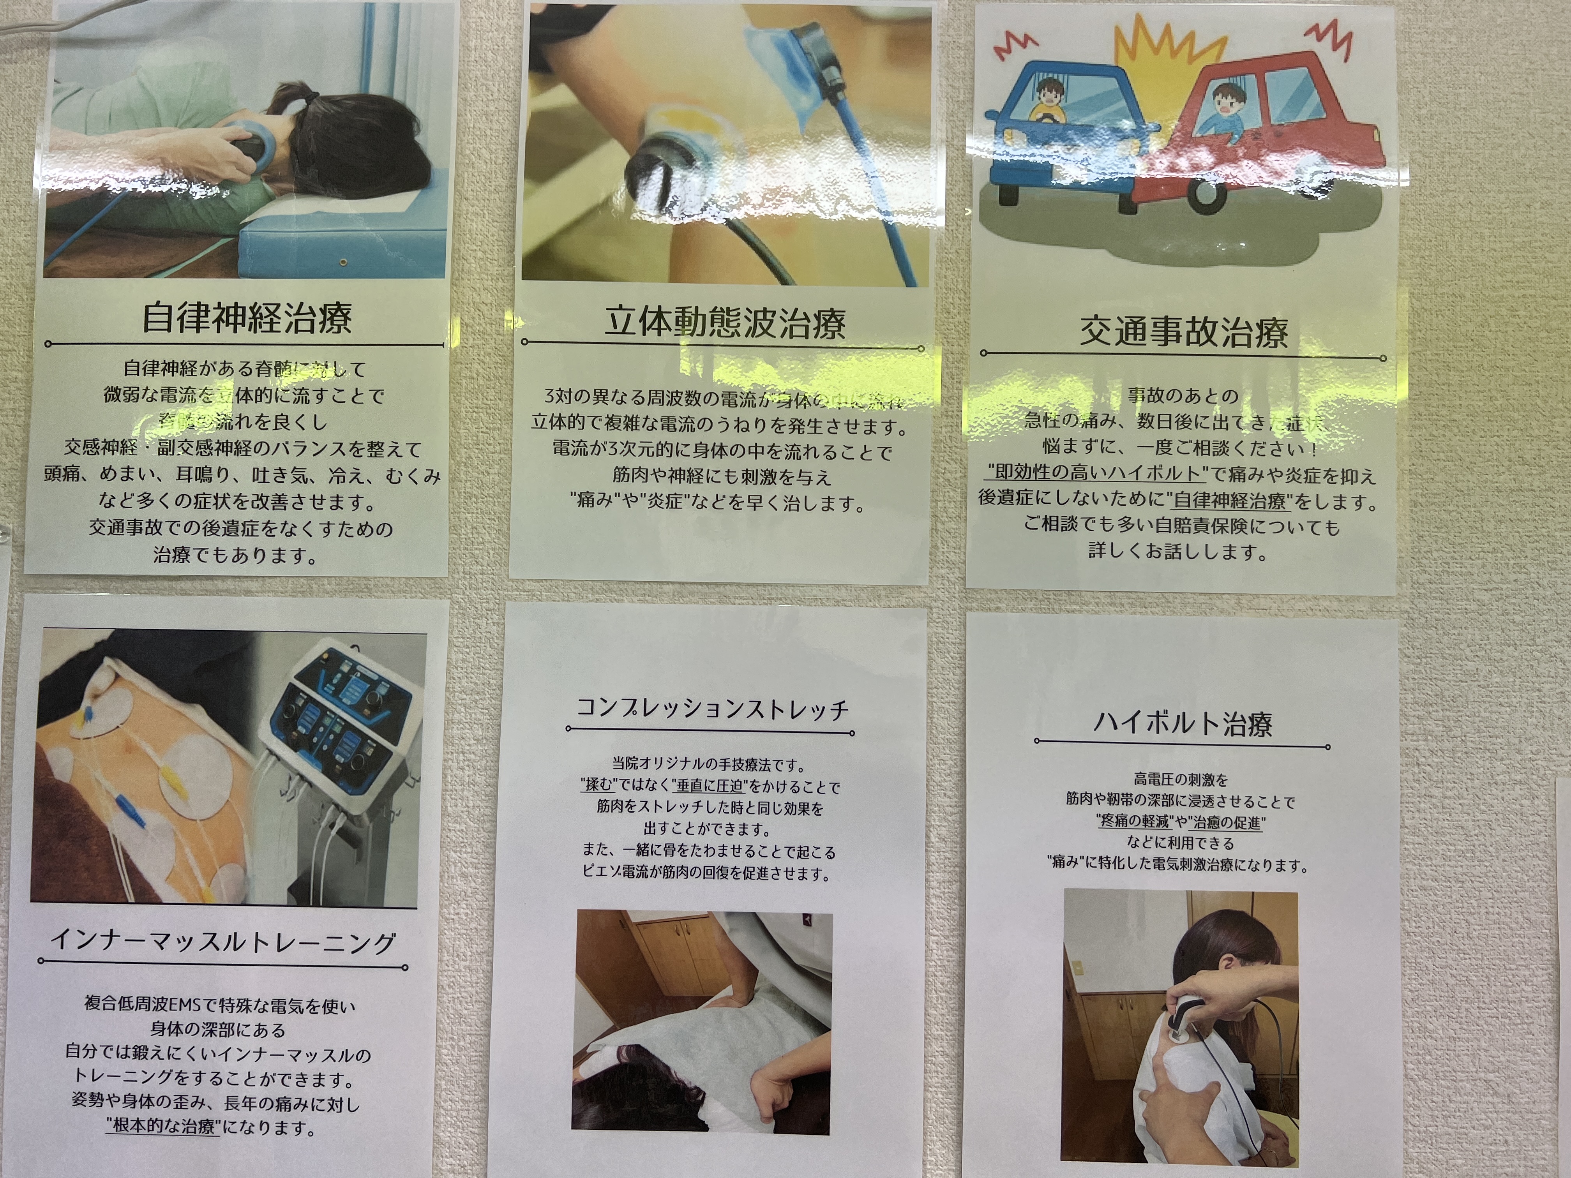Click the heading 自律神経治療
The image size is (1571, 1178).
pos(247,317)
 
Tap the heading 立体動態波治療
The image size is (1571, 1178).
pos(724,323)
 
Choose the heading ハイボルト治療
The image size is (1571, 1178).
pos(1183,723)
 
